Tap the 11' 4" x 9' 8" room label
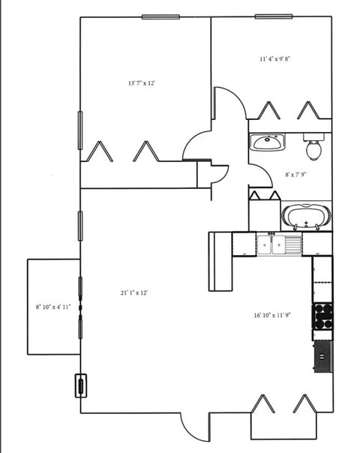274,58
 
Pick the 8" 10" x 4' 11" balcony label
53,307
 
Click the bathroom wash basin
265,141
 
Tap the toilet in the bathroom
313,147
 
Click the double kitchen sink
279,244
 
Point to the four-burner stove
322,316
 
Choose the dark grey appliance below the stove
322,355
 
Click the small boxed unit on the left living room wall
79,385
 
